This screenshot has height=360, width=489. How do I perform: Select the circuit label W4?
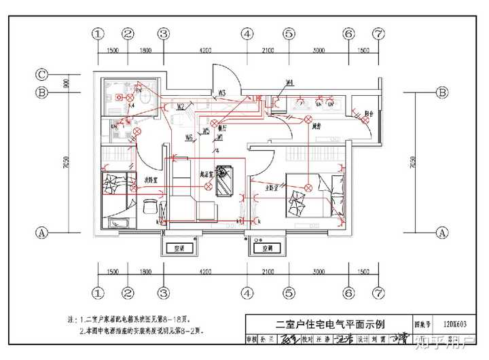(x=289, y=83)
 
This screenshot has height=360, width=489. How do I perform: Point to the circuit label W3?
(x=221, y=92)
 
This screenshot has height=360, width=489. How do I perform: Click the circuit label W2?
(x=181, y=107)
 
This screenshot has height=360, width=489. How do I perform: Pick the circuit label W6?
(x=189, y=138)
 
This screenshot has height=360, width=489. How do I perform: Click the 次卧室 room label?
(x=150, y=180)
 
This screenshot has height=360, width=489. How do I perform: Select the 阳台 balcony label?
(x=368, y=113)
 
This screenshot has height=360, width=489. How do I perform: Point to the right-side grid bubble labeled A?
(x=442, y=232)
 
